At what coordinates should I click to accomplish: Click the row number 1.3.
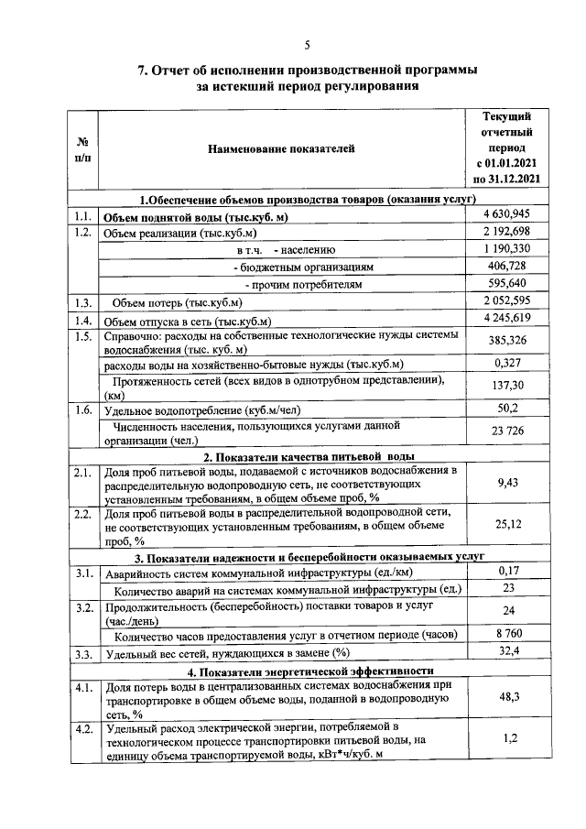tap(82, 302)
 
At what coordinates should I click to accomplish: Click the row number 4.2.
tap(82, 728)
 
